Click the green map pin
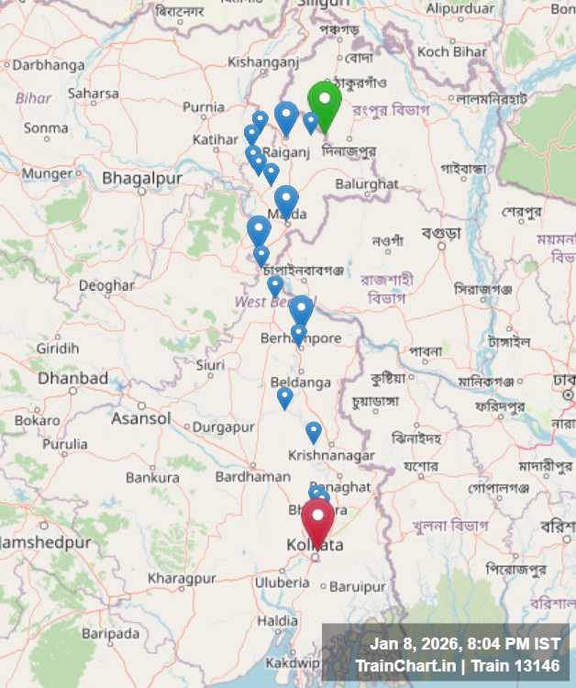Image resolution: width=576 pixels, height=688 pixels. point(325,102)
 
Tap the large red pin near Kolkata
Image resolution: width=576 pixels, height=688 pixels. point(318,520)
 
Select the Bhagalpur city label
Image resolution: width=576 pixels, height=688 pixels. point(142,178)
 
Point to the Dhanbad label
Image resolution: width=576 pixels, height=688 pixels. point(72,378)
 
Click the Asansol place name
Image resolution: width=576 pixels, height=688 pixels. point(140,418)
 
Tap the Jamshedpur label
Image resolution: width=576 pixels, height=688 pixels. point(46,542)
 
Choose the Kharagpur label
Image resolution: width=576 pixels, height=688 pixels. point(181,579)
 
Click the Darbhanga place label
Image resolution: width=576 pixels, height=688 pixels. point(48,65)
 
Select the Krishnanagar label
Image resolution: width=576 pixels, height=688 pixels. point(331,455)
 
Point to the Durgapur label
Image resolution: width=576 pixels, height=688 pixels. point(223,427)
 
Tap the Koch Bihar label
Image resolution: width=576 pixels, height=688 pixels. point(452,51)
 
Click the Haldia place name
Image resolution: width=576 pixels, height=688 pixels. point(276,621)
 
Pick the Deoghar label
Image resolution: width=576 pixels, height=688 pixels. point(106,285)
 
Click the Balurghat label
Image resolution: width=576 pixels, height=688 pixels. point(367,183)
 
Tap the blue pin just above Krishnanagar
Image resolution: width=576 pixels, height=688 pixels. point(314,430)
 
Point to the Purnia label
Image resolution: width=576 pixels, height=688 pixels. point(203,107)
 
